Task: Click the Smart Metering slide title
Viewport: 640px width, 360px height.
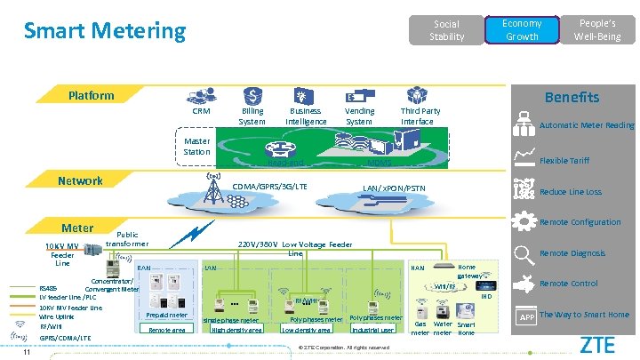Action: point(105,31)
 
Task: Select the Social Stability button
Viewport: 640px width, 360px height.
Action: point(446,30)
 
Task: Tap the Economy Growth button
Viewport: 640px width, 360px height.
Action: point(522,30)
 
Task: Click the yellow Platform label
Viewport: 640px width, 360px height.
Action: point(92,95)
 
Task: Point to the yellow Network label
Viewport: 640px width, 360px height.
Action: point(80,180)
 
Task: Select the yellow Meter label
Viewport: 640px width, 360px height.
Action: point(76,228)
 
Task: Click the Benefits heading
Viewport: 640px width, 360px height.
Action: point(572,97)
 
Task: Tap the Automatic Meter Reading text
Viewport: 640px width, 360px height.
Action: point(587,125)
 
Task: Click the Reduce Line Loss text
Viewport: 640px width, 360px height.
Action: point(570,192)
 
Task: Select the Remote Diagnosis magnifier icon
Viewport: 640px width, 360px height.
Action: point(524,253)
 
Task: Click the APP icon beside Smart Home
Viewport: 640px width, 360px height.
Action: point(525,316)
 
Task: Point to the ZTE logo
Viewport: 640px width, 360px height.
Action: point(596,344)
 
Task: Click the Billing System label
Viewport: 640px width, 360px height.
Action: point(252,116)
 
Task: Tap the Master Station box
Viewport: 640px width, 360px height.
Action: point(196,147)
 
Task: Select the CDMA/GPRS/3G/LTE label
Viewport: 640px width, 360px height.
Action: point(269,187)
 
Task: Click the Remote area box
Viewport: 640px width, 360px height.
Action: point(166,329)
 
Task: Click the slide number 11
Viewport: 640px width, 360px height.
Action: point(29,351)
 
